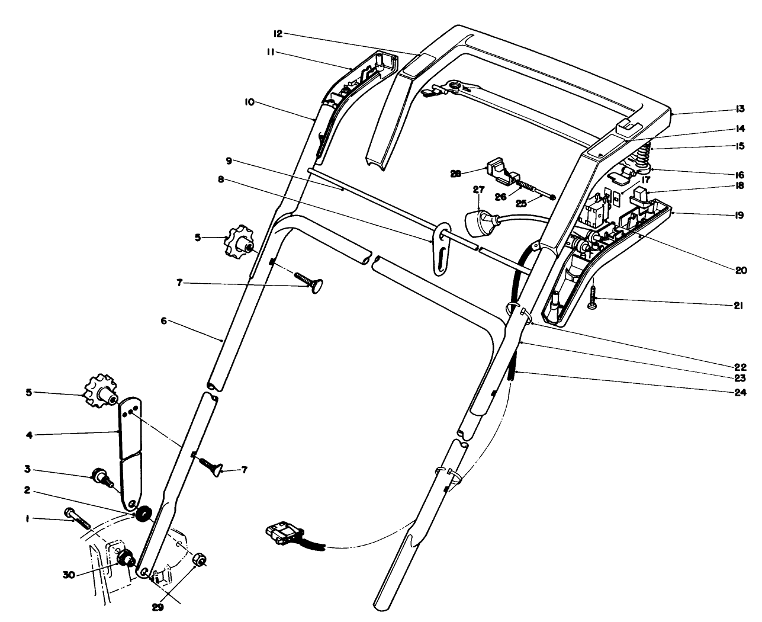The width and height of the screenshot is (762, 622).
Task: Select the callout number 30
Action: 70,574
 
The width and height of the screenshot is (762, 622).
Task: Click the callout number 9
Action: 229,161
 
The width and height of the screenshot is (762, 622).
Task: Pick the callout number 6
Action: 164,321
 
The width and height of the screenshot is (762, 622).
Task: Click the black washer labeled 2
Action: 142,514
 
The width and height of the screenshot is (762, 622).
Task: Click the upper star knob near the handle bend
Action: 238,242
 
